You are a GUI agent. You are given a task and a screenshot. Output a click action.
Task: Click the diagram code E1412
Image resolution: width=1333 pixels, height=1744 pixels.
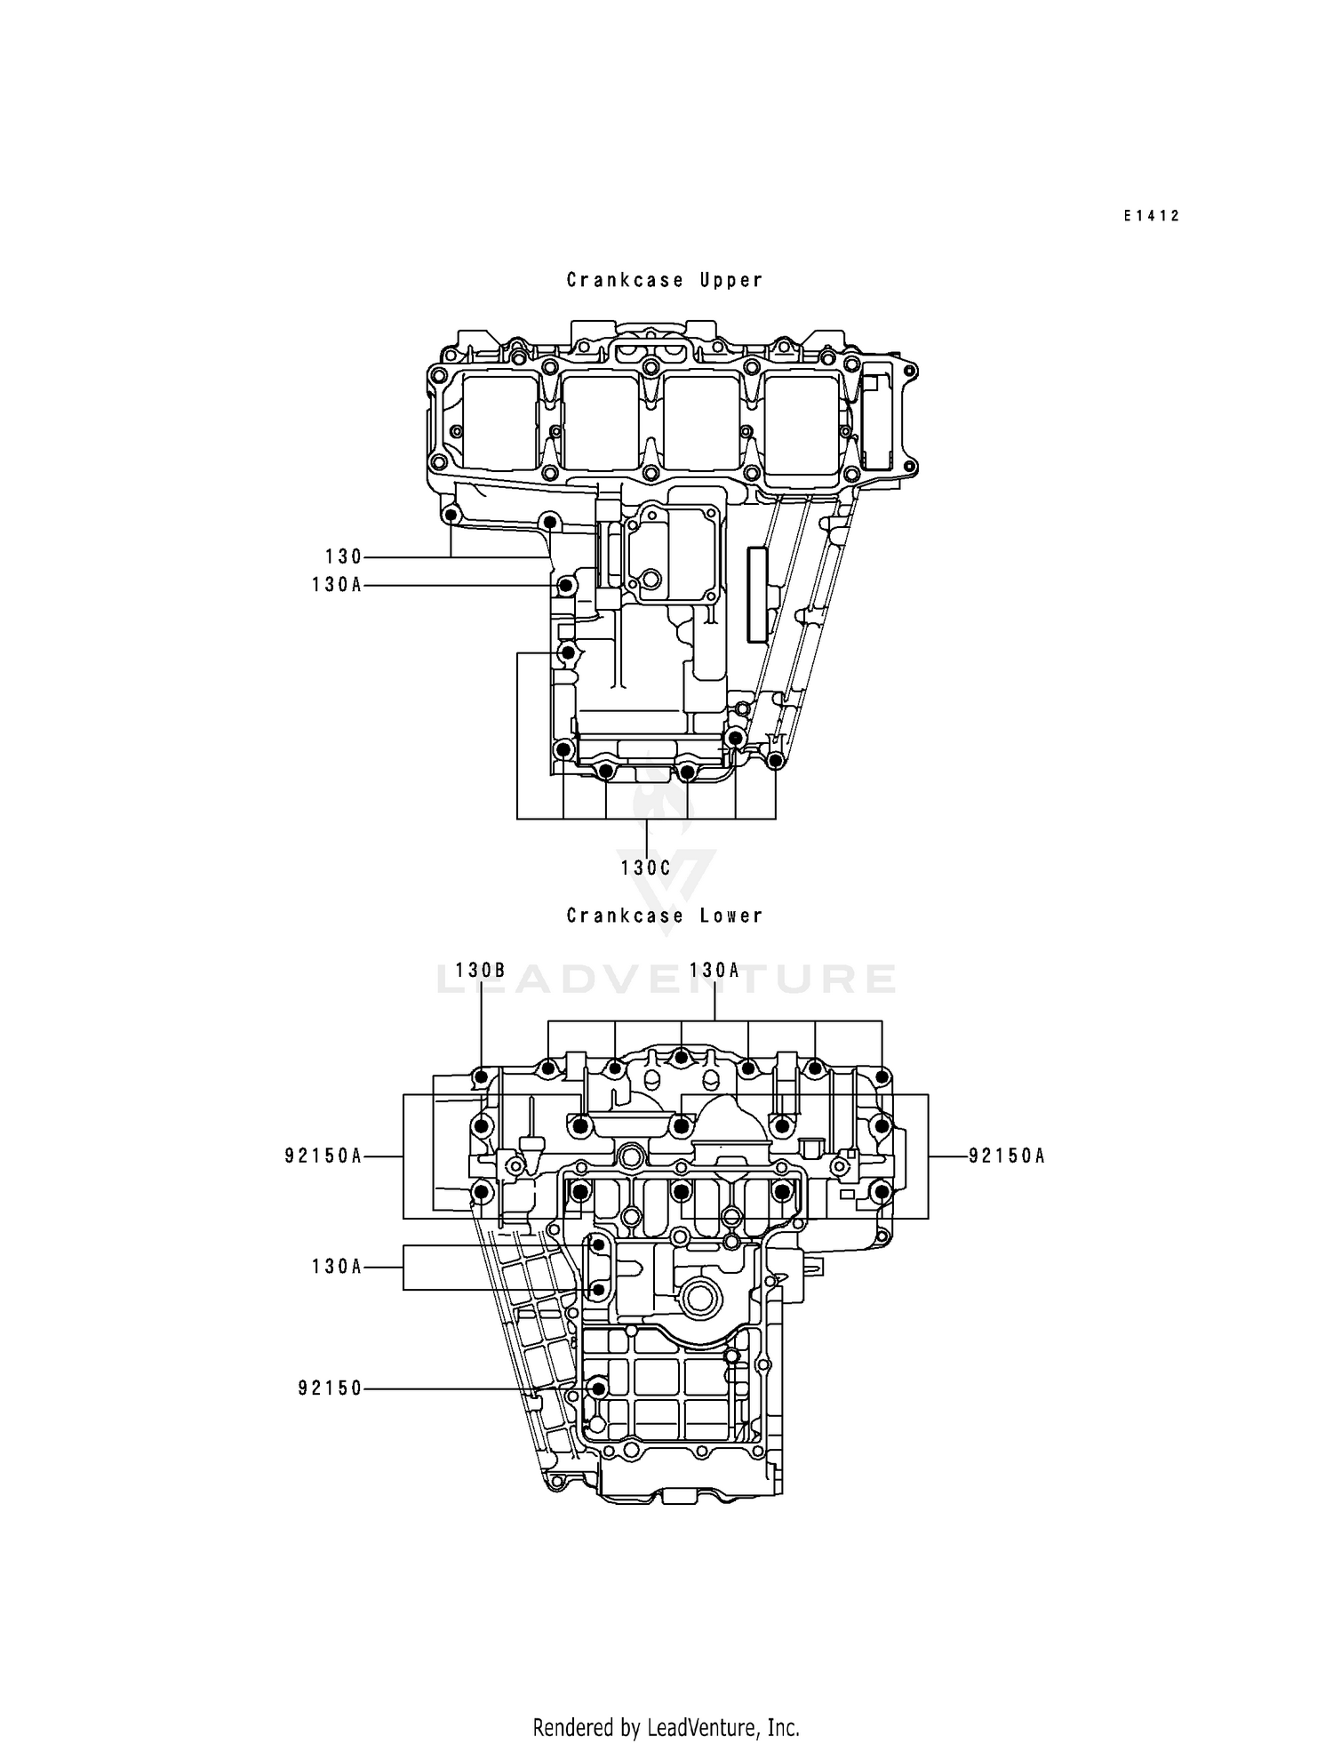[x=1151, y=216]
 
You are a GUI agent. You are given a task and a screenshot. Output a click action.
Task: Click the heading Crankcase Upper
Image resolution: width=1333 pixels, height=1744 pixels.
[x=665, y=280]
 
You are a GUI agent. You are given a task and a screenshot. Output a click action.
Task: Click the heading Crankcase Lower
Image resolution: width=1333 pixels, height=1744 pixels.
[x=665, y=916]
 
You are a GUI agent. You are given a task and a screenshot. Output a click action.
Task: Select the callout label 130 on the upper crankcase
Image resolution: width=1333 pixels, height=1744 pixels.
[x=344, y=557]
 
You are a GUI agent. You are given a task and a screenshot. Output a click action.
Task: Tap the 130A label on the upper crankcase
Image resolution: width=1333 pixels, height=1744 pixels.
[x=337, y=585]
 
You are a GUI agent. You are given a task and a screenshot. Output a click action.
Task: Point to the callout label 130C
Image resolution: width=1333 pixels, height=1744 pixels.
[x=646, y=868]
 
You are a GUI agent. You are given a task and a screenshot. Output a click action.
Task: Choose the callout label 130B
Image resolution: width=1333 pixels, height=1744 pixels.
[x=481, y=971]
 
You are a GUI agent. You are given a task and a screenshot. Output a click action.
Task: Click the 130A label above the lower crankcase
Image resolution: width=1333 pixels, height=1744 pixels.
[x=714, y=971]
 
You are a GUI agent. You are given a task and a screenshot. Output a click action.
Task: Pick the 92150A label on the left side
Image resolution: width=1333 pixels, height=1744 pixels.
[x=323, y=1156]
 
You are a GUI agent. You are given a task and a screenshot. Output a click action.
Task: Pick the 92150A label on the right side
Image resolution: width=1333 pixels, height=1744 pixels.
[x=1007, y=1156]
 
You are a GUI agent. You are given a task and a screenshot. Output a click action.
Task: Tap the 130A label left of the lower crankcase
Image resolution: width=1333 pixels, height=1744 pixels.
[x=337, y=1267]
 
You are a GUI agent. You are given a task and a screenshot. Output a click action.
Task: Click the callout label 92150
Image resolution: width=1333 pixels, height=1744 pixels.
[x=331, y=1388]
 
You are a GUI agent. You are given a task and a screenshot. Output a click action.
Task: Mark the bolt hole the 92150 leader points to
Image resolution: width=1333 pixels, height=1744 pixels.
[x=598, y=1388]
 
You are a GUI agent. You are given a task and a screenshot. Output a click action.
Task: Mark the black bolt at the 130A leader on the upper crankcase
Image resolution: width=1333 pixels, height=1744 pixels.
[x=565, y=587]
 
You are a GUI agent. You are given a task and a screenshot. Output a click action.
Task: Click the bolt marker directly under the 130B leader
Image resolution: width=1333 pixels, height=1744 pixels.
[x=481, y=1077]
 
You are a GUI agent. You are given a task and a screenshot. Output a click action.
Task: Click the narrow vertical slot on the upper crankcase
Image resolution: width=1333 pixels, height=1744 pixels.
[x=756, y=594]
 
